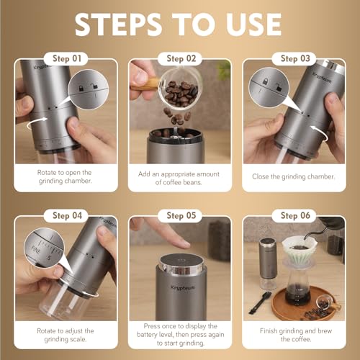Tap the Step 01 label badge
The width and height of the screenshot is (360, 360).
pyautogui.click(x=63, y=58)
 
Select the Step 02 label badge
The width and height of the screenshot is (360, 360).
pyautogui.click(x=180, y=58)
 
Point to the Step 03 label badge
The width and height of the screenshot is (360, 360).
pyautogui.click(x=299, y=58)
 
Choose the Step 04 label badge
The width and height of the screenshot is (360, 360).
pyautogui.click(x=63, y=215)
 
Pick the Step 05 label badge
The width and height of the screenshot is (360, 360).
pyautogui.click(x=180, y=215)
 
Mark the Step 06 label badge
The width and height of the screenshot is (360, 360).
pyautogui.click(x=299, y=215)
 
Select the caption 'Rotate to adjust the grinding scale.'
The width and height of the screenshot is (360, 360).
pyautogui.click(x=63, y=334)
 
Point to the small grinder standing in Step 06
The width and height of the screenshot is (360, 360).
pyautogui.click(x=267, y=262)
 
